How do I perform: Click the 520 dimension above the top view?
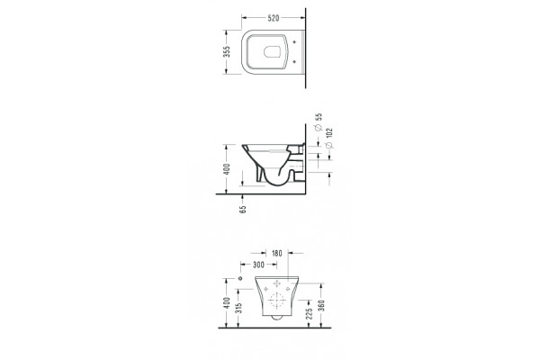(273, 18)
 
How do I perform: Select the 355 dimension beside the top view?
(226, 51)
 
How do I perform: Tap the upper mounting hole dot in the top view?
(294, 42)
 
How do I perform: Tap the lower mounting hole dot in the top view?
(294, 62)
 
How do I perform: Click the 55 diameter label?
(319, 117)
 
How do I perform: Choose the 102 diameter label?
(328, 133)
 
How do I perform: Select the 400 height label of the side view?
(226, 169)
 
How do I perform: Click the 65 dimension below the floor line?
(243, 209)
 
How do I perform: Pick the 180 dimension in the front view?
(277, 254)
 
